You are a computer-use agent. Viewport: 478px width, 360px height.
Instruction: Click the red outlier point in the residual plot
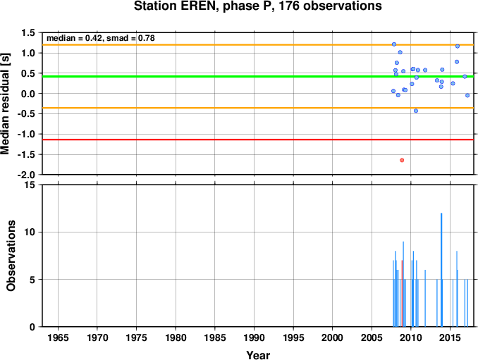402,160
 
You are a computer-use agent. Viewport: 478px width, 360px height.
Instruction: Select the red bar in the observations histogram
402,294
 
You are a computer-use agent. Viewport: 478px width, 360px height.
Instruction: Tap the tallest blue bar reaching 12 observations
441,270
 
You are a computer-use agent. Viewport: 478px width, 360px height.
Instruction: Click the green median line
258,77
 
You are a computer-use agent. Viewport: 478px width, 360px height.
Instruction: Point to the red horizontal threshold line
258,139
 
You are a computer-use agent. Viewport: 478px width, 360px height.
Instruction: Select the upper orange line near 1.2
258,45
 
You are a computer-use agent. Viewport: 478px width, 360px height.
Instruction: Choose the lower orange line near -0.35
258,108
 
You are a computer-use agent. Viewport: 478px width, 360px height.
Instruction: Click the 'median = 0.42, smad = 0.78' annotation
101,38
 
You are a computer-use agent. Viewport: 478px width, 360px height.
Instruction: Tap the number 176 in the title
288,6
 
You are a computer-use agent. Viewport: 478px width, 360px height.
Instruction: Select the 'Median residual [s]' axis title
6,104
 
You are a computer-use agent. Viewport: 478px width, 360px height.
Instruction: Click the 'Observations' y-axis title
11,256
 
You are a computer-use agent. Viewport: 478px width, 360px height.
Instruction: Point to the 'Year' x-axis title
258,355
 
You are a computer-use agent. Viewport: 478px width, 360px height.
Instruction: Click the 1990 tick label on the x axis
254,337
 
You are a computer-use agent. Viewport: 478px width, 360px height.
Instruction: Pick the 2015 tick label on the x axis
451,337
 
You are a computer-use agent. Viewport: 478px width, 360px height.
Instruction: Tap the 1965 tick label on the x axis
58,337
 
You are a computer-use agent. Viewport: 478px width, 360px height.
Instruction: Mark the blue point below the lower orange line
416,111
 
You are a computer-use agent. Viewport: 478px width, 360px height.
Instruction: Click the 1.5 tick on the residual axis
28,32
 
